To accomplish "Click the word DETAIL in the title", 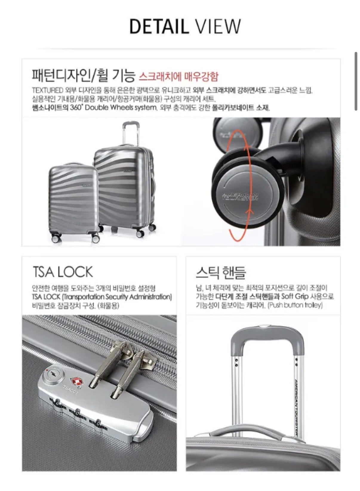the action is pos(159,26).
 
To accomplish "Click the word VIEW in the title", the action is pos(218,26).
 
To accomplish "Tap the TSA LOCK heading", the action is pos(63,272).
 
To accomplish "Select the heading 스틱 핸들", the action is pos(221,272).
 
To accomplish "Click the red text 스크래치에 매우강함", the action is pos(179,76).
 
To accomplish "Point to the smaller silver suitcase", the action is pos(73,202).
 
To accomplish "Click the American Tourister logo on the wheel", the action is pos(240,196).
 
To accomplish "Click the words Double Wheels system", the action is pos(120,108).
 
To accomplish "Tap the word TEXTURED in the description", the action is pos(47,90).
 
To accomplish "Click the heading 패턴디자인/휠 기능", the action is pos(83,75).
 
